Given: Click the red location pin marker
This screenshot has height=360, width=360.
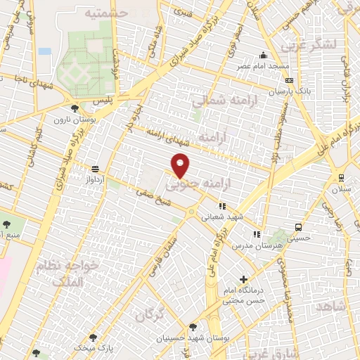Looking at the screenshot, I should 181,165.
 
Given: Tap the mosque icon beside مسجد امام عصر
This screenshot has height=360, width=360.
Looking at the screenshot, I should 264,56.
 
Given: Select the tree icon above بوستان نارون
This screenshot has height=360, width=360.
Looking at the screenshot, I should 75,108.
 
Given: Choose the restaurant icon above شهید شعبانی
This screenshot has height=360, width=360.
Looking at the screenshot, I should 222,207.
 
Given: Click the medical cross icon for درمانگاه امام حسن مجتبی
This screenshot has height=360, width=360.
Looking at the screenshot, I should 243,279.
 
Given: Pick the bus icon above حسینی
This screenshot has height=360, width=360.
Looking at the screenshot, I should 299,227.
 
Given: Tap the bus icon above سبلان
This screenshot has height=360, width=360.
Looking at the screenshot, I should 341,178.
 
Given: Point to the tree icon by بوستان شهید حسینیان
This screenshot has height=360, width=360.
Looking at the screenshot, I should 193,327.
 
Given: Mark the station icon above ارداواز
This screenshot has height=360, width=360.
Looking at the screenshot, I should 95,169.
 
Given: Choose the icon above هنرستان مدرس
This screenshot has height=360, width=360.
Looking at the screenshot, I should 257,234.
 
